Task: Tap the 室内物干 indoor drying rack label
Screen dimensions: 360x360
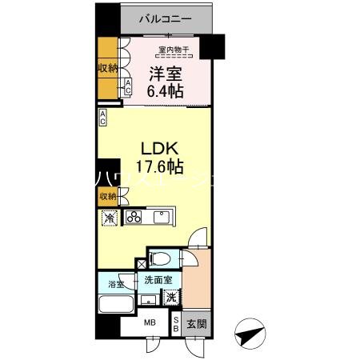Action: [173, 50]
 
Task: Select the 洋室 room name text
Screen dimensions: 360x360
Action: [165, 74]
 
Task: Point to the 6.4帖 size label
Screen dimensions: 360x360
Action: [166, 92]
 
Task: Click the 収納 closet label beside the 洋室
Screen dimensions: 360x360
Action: [107, 69]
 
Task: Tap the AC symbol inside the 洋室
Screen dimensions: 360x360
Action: [127, 88]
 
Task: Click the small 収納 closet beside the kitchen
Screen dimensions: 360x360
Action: [107, 195]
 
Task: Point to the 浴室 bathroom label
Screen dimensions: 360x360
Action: [116, 284]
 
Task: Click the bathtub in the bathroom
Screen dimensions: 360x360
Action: [117, 305]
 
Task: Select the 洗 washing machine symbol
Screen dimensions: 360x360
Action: [170, 295]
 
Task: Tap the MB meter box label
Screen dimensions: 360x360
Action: [150, 324]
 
